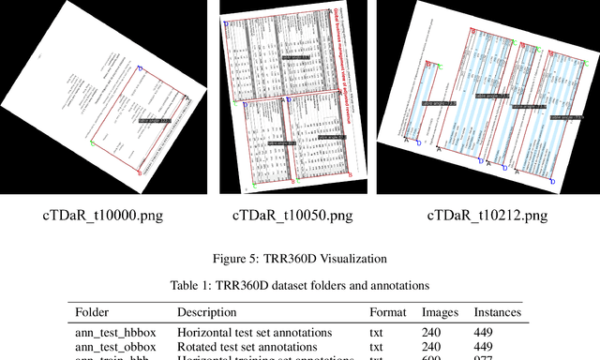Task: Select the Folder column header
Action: pos(94,312)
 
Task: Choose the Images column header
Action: pos(441,312)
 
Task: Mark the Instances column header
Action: pos(499,312)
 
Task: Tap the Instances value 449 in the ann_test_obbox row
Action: pos(487,346)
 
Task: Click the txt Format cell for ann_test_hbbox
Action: pos(377,332)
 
